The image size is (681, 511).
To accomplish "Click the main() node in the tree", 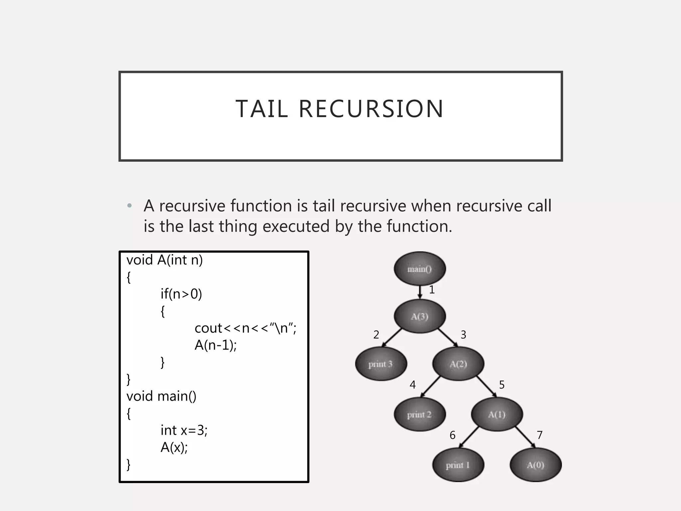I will click(420, 268).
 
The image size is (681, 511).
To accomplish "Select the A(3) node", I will click(420, 316).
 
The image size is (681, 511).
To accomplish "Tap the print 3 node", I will click(381, 364).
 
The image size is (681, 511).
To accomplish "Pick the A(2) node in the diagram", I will click(458, 364).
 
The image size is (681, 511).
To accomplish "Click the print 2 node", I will click(420, 415).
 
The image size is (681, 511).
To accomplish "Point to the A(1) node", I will click(497, 415).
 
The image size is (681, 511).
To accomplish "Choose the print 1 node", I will click(458, 465).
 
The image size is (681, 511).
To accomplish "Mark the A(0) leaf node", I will click(535, 465).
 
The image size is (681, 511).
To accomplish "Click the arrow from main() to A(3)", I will click(420, 292).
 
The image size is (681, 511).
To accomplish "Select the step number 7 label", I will click(540, 435).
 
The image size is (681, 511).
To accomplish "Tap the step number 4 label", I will click(413, 385).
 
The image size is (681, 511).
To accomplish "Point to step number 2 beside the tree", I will click(376, 335).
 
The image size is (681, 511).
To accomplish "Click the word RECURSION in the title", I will click(371, 109).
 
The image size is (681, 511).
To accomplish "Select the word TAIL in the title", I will click(262, 109).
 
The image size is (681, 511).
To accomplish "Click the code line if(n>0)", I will click(181, 294).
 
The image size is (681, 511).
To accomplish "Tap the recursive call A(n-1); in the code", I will click(215, 345).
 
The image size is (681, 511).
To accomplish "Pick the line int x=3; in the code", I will click(184, 430).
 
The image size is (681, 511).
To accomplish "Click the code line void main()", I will click(161, 396).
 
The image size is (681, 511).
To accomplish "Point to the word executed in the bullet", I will click(296, 227).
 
